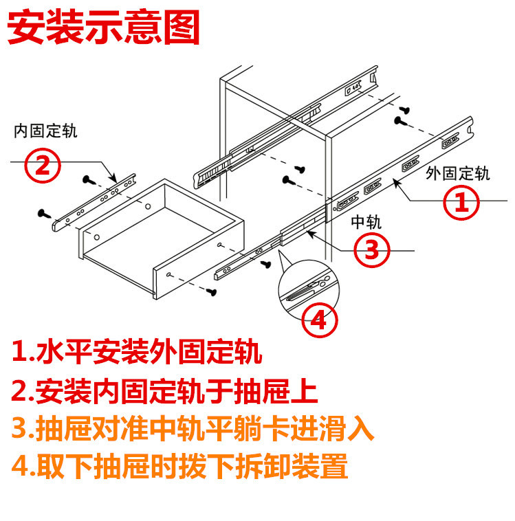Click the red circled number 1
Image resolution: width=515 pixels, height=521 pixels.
463,201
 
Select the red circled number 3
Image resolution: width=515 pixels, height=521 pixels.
372,250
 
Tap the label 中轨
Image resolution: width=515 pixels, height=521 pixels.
366,221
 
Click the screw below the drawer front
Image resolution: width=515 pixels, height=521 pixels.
212,293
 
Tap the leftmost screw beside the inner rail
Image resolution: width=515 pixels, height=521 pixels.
43,213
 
